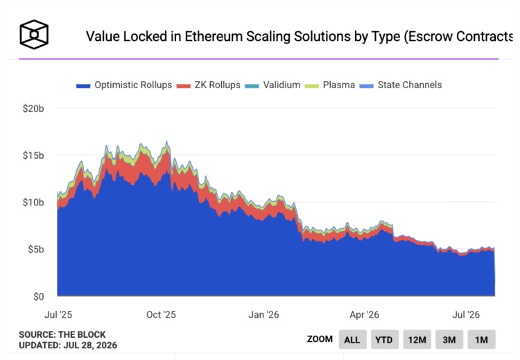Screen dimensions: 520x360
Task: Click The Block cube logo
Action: pyautogui.click(x=34, y=35)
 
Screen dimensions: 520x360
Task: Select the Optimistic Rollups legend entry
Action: pyautogui.click(x=124, y=85)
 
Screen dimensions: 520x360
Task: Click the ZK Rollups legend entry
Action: pyautogui.click(x=208, y=85)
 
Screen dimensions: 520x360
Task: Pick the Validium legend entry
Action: pyautogui.click(x=272, y=85)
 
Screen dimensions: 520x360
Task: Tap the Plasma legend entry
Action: pyautogui.click(x=329, y=85)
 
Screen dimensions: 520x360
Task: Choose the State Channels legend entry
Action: pyautogui.click(x=401, y=85)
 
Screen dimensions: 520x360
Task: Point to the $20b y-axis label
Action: pyautogui.click(x=33, y=108)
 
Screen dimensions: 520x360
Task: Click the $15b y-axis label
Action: pyautogui.click(x=33, y=155)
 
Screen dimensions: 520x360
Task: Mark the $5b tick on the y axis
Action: pyautogui.click(x=36, y=249)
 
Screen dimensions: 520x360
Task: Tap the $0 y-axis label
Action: pyautogui.click(x=38, y=297)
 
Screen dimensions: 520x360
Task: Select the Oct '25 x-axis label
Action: pyautogui.click(x=161, y=314)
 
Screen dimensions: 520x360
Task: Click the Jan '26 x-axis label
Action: pyautogui.click(x=263, y=314)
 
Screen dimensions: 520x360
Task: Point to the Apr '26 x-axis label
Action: pyautogui.click(x=364, y=314)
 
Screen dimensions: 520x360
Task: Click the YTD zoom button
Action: pyautogui.click(x=385, y=339)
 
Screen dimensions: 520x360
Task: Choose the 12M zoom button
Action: pyautogui.click(x=417, y=339)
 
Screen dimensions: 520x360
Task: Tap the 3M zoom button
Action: pyautogui.click(x=449, y=339)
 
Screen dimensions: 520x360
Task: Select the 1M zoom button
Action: pyautogui.click(x=482, y=339)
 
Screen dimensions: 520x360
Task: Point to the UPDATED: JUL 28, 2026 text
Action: pyautogui.click(x=68, y=345)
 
